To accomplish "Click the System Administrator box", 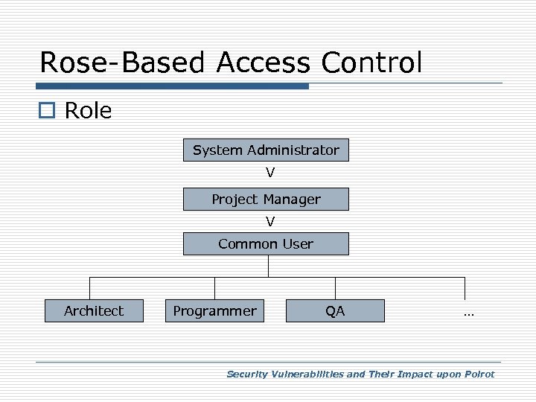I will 266,150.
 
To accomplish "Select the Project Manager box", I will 266,200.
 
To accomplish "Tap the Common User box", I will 266,244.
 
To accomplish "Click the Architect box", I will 94,310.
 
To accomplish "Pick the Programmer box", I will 214,310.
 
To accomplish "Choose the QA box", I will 335,310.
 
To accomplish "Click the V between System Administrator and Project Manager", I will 270,173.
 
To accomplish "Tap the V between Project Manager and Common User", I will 270,222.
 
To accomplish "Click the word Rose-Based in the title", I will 124,63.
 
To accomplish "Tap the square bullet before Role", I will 48,112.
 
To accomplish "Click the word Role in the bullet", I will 88,111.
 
